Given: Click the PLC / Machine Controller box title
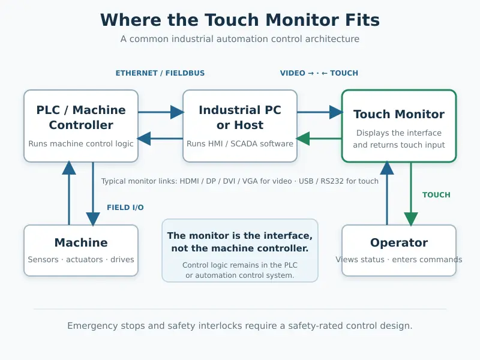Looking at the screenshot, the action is [81, 117].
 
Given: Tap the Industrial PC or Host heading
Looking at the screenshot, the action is [240, 117].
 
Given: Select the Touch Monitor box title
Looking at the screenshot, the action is [399, 114].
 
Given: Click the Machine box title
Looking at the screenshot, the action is [81, 242].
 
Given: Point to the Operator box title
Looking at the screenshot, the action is [399, 243].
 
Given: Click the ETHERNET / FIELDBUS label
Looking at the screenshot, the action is [160, 73].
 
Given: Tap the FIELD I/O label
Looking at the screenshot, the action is [125, 208].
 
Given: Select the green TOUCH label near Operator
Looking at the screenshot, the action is [436, 195].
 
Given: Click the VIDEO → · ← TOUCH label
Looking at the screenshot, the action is [319, 73].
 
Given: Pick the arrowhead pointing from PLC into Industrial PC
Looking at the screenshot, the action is [177, 112].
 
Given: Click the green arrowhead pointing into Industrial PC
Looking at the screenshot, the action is [303, 139].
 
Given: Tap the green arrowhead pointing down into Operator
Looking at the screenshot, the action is [411, 219].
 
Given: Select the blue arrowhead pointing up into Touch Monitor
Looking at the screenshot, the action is [387, 168].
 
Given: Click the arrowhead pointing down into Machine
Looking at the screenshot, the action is [93, 219].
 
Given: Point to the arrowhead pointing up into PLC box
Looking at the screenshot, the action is [69, 168].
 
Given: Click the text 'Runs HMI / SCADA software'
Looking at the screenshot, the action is [240, 143].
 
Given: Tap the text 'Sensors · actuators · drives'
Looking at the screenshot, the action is [81, 260].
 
